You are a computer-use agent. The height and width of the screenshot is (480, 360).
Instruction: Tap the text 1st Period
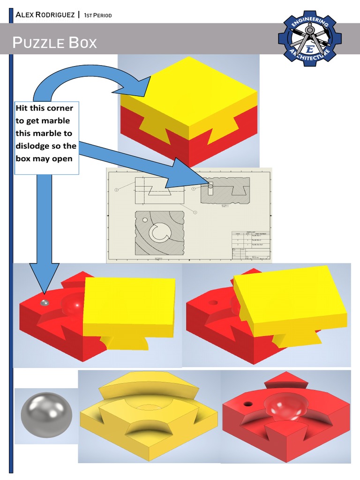click(x=97, y=15)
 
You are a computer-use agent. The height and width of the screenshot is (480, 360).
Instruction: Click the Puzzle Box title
click(x=55, y=43)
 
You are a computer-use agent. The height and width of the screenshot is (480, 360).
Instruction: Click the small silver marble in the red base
click(x=44, y=303)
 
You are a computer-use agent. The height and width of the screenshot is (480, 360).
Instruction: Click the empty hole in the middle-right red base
click(x=213, y=302)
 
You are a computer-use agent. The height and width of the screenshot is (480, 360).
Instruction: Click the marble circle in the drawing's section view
click(x=210, y=186)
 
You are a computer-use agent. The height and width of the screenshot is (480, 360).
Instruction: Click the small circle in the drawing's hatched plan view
click(x=145, y=220)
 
